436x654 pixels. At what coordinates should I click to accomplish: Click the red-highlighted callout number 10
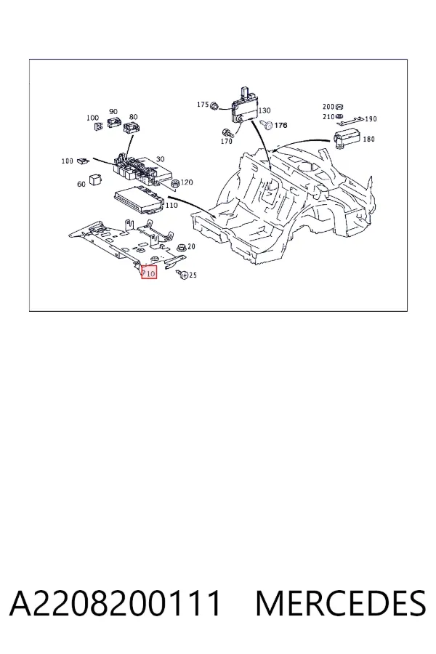pyautogui.click(x=150, y=274)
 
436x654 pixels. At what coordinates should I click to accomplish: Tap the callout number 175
pyautogui.click(x=202, y=104)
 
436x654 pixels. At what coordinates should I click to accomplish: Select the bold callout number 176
pyautogui.click(x=281, y=125)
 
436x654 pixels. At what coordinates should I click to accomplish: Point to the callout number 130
pyautogui.click(x=265, y=110)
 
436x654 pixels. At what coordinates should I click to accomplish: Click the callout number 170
pyautogui.click(x=226, y=142)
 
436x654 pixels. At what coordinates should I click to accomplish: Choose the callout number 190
pyautogui.click(x=371, y=119)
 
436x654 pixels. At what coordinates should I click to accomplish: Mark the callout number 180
pyautogui.click(x=368, y=139)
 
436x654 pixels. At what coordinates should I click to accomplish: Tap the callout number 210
pyautogui.click(x=328, y=117)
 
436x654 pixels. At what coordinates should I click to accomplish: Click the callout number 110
pyautogui.click(x=171, y=205)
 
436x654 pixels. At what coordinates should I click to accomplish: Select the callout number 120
pyautogui.click(x=187, y=182)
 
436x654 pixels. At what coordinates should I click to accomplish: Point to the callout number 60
pyautogui.click(x=81, y=184)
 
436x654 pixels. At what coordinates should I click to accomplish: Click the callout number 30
pyautogui.click(x=160, y=159)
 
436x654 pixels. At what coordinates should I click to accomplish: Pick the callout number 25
pyautogui.click(x=193, y=275)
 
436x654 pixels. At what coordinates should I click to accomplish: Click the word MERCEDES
pyautogui.click(x=341, y=603)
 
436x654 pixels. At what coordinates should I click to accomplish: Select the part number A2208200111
pyautogui.click(x=115, y=603)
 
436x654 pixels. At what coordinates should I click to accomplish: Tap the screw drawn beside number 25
pyautogui.click(x=182, y=274)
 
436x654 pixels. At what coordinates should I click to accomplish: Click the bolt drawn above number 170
pyautogui.click(x=227, y=134)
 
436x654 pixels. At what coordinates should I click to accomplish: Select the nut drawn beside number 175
pyautogui.click(x=214, y=106)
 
